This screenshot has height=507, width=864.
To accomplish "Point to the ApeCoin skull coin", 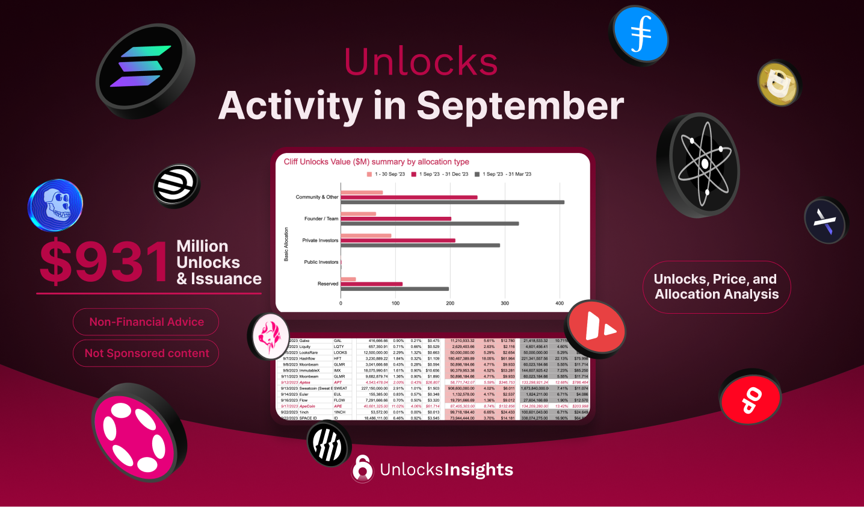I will [56, 205].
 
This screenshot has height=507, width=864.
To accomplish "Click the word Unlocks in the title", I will [421, 61].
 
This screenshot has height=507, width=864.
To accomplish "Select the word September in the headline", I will [520, 106].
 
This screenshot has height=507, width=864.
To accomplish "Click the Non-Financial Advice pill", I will [146, 322].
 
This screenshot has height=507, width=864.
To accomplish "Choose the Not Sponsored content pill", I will [146, 353].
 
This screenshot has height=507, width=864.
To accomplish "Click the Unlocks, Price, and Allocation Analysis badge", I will [716, 287].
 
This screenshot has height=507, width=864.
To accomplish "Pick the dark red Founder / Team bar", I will [396, 219].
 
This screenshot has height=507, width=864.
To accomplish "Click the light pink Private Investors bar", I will [366, 235].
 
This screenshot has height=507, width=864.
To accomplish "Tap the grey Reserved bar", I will [395, 289].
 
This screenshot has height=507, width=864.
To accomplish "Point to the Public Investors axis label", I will [321, 262].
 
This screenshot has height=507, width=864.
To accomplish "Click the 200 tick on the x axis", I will [450, 303].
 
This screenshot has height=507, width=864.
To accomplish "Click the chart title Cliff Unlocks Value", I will [376, 162].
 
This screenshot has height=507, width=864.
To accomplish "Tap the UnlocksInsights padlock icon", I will [362, 468].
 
